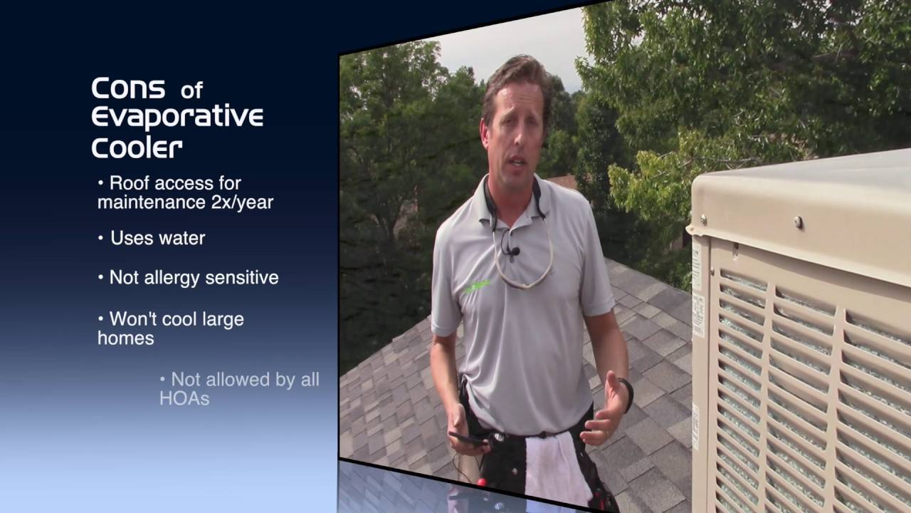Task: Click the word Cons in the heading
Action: [x=128, y=89]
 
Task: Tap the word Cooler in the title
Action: [x=137, y=147]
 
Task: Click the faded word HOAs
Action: [x=184, y=398]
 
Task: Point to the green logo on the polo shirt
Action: [x=477, y=287]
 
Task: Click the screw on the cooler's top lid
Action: [x=799, y=222]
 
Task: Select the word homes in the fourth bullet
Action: [x=125, y=338]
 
